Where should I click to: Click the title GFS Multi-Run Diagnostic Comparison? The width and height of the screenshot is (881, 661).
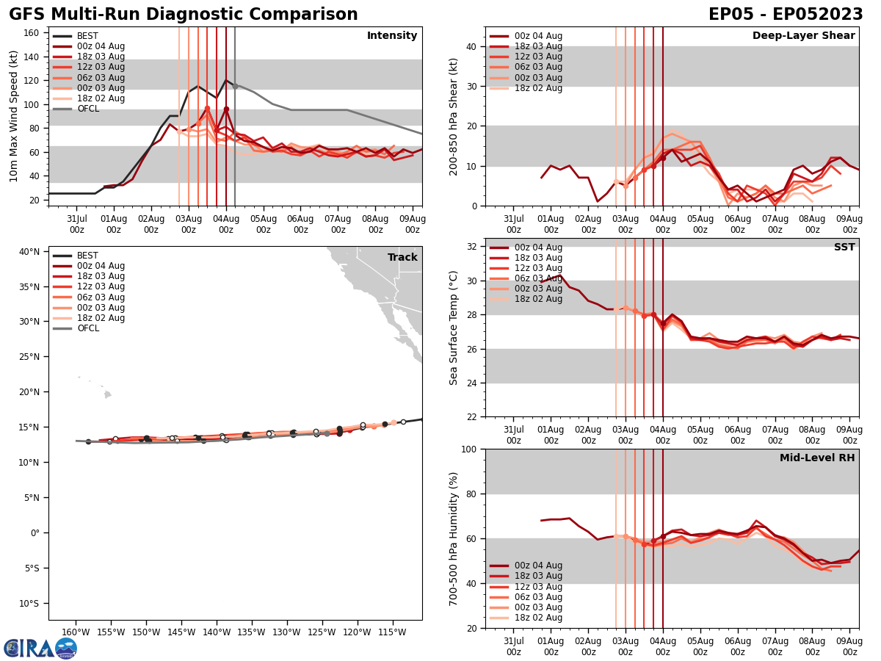[x=184, y=15]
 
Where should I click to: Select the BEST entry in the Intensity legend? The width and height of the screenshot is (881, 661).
[x=87, y=36]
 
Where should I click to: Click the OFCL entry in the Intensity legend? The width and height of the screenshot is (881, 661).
[x=87, y=109]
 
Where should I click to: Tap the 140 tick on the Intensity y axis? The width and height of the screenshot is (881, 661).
[x=33, y=57]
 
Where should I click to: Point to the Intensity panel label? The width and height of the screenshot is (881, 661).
[x=392, y=36]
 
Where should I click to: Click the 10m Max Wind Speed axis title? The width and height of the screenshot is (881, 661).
[x=14, y=116]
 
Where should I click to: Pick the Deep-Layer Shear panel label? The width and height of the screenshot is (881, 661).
[x=803, y=36]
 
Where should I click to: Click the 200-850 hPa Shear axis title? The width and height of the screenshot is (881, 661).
[x=454, y=116]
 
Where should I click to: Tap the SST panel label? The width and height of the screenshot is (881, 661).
[x=844, y=248]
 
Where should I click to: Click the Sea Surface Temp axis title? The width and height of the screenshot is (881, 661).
[x=454, y=328]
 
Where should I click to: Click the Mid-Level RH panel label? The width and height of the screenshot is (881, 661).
[x=817, y=458]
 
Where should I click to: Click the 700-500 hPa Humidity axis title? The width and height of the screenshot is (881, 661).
[x=454, y=538]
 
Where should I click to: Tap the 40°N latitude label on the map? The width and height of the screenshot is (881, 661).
[x=29, y=252]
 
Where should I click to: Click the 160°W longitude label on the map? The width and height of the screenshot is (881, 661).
[x=76, y=632]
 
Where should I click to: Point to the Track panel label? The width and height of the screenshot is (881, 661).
[x=402, y=258]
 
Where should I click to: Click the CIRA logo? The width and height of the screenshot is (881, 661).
[x=40, y=648]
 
